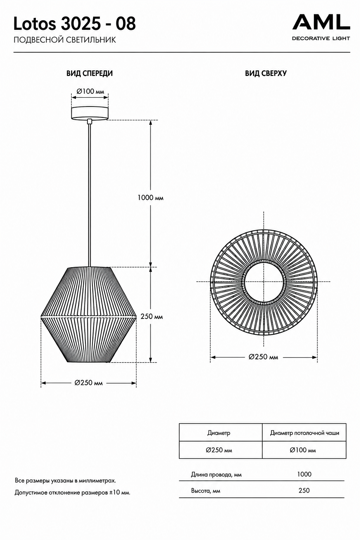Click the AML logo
tap(321, 22)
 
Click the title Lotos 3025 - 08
tap(75, 24)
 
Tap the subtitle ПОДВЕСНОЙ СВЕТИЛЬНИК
tap(65, 40)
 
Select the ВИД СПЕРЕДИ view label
tap(90, 73)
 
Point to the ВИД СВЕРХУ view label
tap(266, 73)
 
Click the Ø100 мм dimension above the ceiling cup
tap(90, 91)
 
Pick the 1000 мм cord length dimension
tap(150, 198)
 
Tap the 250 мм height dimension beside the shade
tap(152, 316)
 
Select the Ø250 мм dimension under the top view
tap(263, 357)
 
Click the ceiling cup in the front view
tap(90, 112)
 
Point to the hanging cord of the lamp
tap(90, 193)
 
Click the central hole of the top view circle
tap(264, 282)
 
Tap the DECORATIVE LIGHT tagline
tap(321, 38)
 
